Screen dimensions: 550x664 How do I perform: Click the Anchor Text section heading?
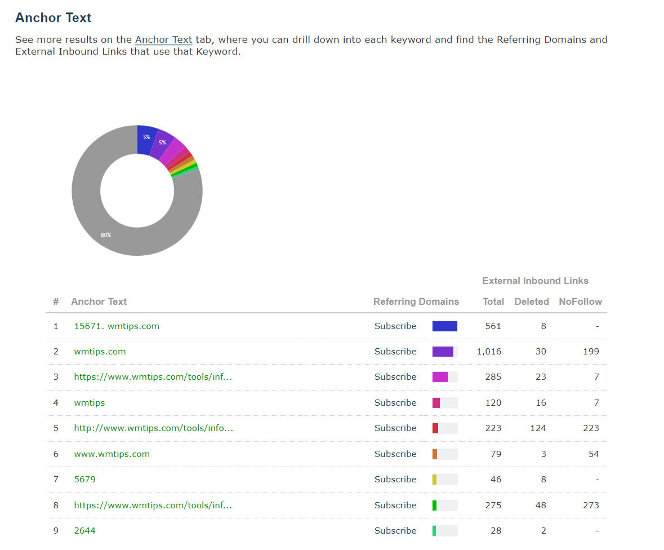tap(53, 17)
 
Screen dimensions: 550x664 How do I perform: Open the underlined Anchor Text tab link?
tap(163, 39)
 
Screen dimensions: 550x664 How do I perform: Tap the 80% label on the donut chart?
tap(106, 234)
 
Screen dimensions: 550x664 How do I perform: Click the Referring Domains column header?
tap(416, 301)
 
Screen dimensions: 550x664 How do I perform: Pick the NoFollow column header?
tap(580, 301)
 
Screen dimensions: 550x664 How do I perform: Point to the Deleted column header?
tap(531, 301)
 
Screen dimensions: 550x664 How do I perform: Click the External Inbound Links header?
tap(535, 281)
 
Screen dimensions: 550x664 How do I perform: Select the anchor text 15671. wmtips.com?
tap(117, 326)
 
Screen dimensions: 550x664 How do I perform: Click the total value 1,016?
tap(489, 351)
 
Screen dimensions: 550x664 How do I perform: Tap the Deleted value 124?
tap(538, 428)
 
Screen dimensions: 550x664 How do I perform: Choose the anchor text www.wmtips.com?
tap(112, 454)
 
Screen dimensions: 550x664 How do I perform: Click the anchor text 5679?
tap(84, 479)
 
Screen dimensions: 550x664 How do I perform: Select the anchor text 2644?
tap(84, 530)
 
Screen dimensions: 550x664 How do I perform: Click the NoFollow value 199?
tap(591, 351)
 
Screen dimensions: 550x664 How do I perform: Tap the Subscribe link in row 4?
tap(395, 402)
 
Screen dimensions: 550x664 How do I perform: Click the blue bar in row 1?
tap(444, 326)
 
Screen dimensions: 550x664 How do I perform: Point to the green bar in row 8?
tap(434, 505)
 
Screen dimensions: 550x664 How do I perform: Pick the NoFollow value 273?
tap(591, 505)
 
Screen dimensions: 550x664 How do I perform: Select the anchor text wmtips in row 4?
tap(89, 402)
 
